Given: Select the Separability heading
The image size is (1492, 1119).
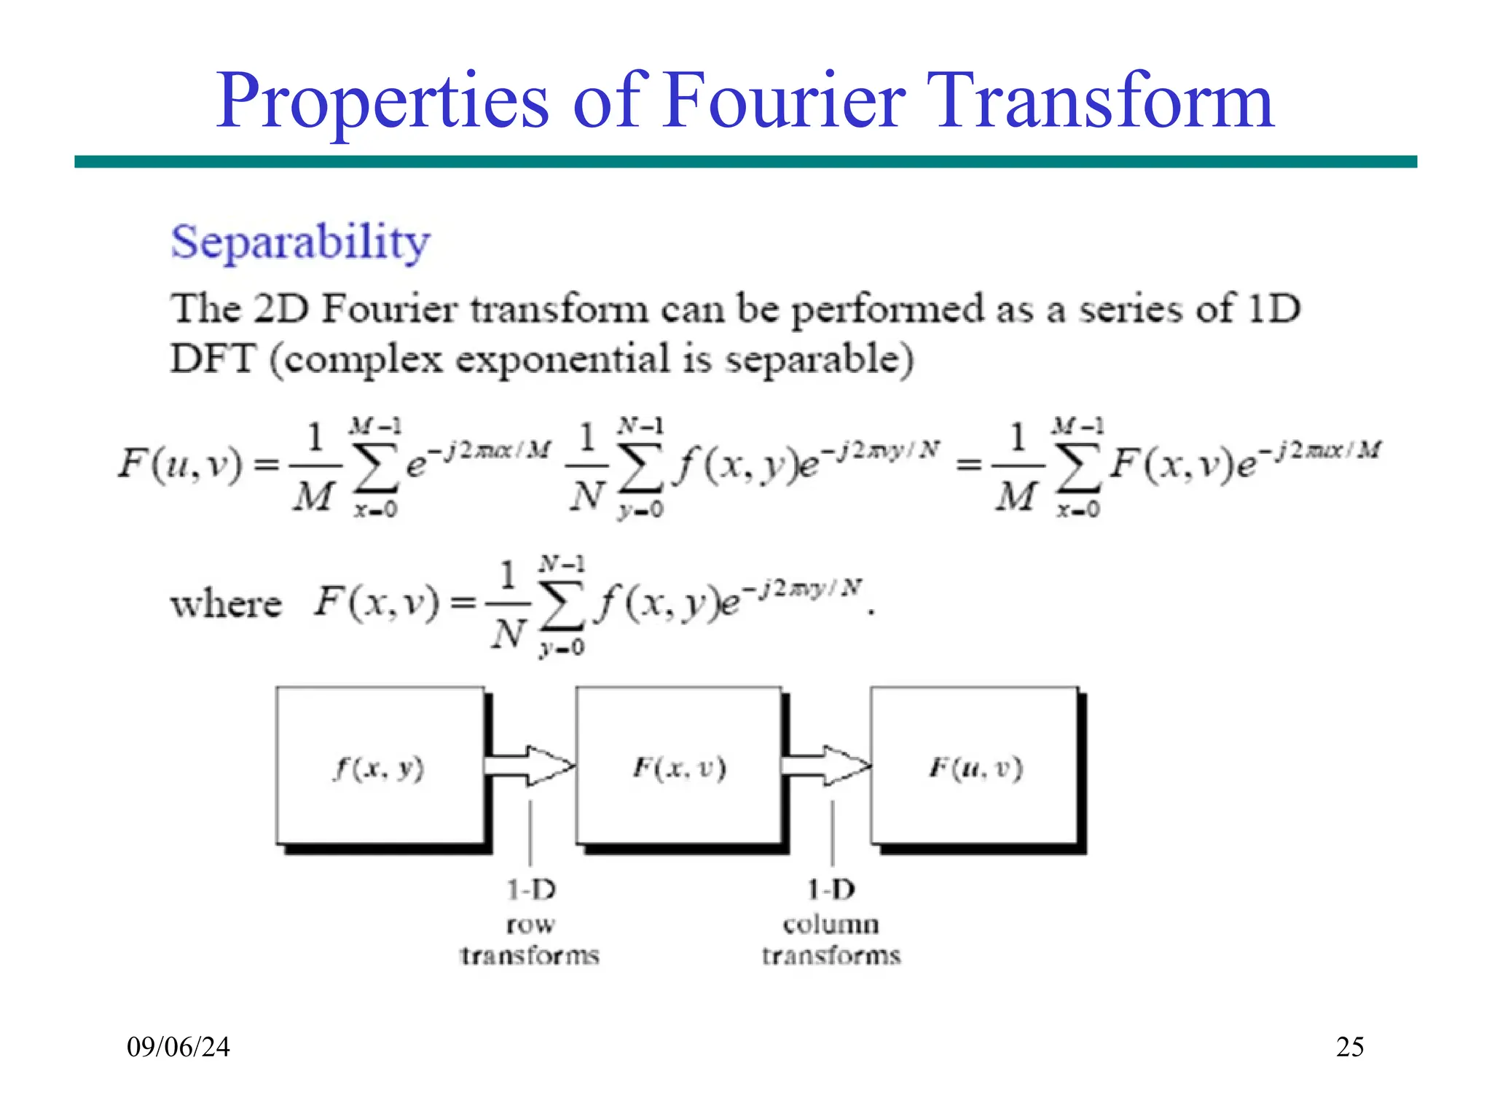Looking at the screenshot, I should (x=300, y=242).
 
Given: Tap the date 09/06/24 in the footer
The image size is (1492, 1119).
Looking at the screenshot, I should (x=178, y=1047).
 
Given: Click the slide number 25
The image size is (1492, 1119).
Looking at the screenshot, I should (x=1350, y=1047).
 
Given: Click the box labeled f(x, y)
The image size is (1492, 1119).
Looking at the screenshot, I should (x=380, y=766).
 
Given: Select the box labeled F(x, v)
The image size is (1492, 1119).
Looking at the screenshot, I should (x=679, y=766).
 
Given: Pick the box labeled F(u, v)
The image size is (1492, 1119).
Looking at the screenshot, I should (x=975, y=766).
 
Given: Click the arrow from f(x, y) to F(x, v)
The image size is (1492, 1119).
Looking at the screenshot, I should (x=530, y=766).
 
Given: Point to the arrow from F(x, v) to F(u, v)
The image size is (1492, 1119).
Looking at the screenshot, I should (x=827, y=766).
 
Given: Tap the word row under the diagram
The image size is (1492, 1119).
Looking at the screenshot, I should (x=530, y=924).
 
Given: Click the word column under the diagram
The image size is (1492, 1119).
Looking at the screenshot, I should (x=831, y=924).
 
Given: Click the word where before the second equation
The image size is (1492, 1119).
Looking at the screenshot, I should (x=226, y=604).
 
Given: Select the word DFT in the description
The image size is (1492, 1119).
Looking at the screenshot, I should (x=213, y=359).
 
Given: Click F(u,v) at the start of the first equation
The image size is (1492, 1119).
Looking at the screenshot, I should (x=179, y=464).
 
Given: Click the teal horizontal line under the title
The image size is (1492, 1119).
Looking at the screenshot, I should (x=745, y=162).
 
